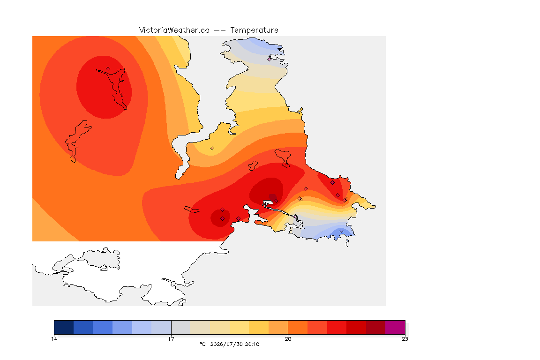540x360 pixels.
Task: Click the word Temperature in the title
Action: pos(254,30)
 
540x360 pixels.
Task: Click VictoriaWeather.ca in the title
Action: pos(174,30)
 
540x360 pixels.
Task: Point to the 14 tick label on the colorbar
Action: pos(54,339)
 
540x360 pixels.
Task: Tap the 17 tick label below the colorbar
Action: pos(171,339)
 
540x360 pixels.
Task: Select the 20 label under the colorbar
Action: pos(288,339)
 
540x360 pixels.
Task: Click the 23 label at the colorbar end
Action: pos(405,339)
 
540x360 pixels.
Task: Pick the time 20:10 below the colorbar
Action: pos(252,344)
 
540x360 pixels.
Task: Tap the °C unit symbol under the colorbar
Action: pos(203,344)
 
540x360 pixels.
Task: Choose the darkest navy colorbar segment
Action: pos(64,327)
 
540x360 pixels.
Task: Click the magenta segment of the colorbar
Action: pos(395,327)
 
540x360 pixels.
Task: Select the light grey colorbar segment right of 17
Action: pos(181,327)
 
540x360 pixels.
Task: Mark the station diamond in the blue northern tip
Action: pos(270,59)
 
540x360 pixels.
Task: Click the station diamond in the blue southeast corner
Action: pos(341,231)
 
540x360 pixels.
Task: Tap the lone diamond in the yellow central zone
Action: pos(212,149)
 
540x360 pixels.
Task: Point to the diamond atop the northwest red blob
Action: pos(108,69)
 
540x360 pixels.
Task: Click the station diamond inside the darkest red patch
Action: pos(276,201)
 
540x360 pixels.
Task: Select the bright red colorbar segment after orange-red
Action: pos(337,327)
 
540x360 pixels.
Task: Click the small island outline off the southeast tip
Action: pos(347,243)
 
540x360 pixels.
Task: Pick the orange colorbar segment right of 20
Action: pos(298,327)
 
